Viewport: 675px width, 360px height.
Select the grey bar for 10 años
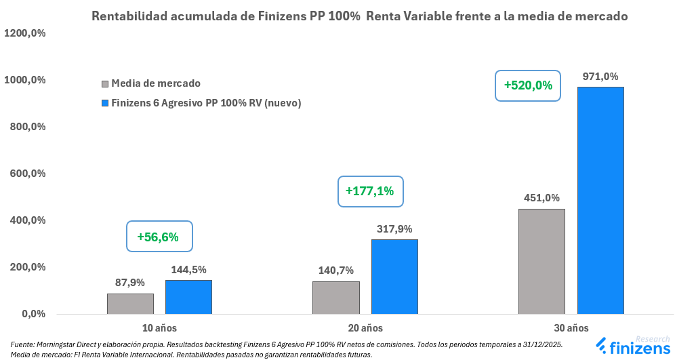pos(130,304)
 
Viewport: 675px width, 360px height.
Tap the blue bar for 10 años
pos(188,297)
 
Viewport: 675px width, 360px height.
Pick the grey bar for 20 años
pos(336,298)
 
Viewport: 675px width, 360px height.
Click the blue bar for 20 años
pos(394,277)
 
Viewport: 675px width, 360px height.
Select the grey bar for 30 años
pos(541,261)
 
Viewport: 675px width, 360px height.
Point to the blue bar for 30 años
pos(600,200)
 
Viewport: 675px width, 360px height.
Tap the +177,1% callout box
pos(370,191)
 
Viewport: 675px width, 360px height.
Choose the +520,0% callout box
pos(528,85)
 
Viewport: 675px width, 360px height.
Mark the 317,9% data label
pos(394,229)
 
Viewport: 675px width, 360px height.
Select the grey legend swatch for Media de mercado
pos(104,84)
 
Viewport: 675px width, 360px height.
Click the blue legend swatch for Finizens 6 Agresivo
pos(104,103)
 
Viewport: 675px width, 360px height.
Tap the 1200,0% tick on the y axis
pos(25,33)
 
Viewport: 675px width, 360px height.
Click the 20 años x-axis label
pos(365,328)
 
